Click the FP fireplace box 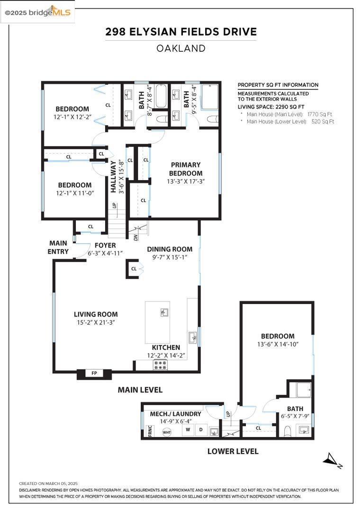[94, 374]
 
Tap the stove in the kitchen [160, 365]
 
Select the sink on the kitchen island [163, 312]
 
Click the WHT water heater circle [167, 432]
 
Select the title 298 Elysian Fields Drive [181, 32]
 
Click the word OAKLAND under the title [181, 48]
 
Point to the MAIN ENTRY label [58, 247]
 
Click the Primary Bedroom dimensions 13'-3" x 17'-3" [186, 181]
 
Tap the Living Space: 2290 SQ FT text [271, 107]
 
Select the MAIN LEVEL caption [140, 390]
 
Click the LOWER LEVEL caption [233, 451]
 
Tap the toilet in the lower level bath [287, 431]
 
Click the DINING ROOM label [170, 249]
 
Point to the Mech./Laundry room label [175, 414]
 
